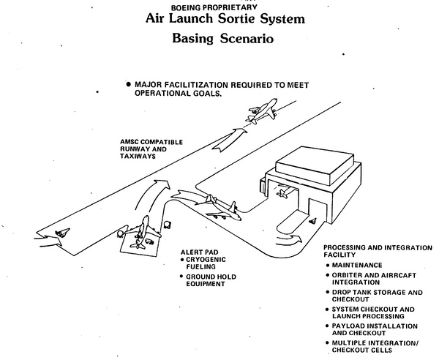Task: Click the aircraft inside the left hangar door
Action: coord(282,192)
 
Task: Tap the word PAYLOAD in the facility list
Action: coord(350,326)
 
